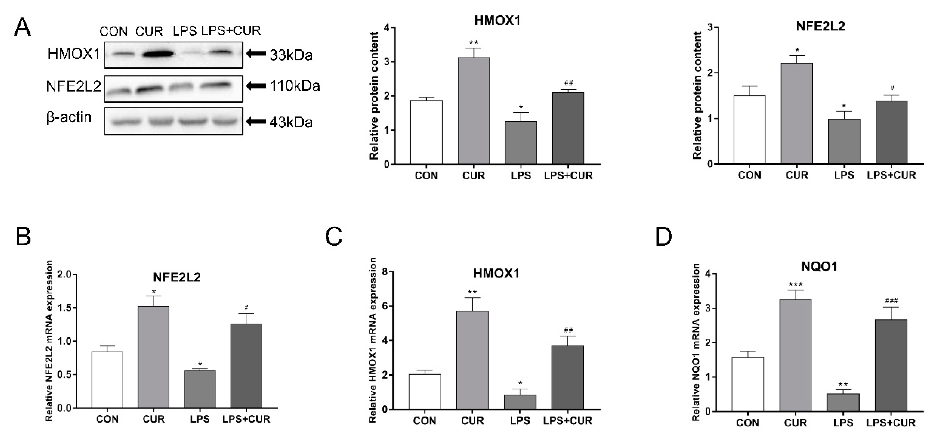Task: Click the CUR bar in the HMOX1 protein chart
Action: [x=474, y=111]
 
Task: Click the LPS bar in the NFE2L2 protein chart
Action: [x=844, y=141]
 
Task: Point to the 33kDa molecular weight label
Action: [x=291, y=55]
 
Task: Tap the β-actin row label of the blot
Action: [x=69, y=117]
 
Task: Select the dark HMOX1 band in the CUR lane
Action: [x=157, y=54]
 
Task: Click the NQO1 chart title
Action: [x=819, y=266]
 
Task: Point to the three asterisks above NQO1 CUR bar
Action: [x=796, y=285]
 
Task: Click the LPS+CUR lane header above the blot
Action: [x=231, y=31]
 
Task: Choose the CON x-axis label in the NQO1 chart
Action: [x=748, y=423]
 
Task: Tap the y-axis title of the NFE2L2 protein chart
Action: [x=697, y=95]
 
